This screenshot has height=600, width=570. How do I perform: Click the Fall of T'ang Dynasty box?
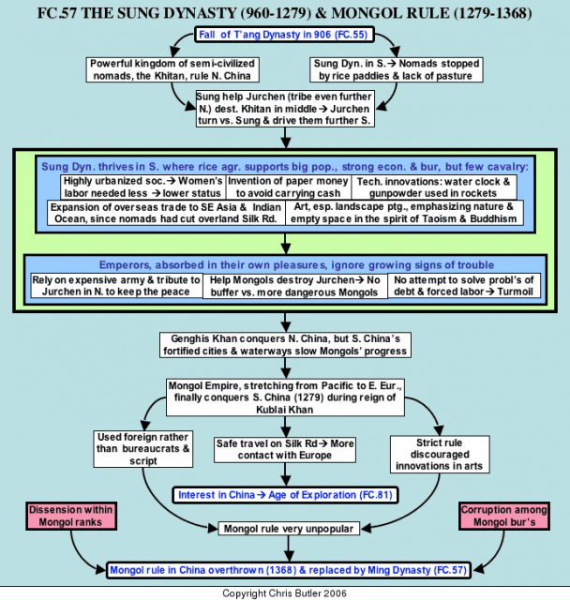pos(284,35)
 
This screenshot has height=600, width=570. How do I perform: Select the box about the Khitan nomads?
pos(172,69)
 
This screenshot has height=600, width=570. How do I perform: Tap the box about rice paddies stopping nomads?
pos(397,69)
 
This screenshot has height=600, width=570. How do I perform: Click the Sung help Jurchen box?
pos(285,109)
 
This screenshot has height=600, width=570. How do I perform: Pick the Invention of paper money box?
pos(288,187)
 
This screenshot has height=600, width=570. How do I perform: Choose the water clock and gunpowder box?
pos(433,187)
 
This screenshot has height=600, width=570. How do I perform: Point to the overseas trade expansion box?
pos(166,213)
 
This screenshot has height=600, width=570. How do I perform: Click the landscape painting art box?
pos(404,213)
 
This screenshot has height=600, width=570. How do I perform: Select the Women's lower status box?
pos(143,187)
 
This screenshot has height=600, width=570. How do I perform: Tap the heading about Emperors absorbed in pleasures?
pos(296,264)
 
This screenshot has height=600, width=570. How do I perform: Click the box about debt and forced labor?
pos(464,286)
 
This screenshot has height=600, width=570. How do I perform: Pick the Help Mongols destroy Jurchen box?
pos(294,286)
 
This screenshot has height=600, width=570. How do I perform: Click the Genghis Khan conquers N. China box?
pos(285,345)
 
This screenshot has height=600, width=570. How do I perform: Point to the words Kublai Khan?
pos(285,410)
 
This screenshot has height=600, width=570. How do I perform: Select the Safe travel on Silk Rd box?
pos(285,450)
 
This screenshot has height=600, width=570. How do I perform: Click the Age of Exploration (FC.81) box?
pos(285,495)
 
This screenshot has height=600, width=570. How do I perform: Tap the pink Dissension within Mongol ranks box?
pos(71,517)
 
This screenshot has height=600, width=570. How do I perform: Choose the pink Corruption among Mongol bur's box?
pos(504,517)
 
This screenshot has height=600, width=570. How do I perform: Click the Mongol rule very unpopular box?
pos(289,529)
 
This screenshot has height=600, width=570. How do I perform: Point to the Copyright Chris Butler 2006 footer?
pos(285,593)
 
